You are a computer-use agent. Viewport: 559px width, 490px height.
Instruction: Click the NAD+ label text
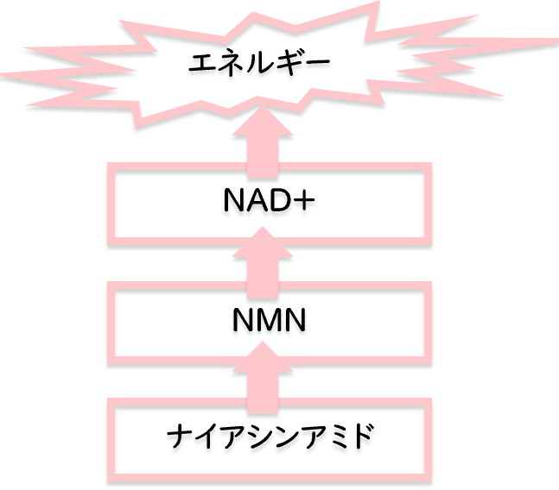(265, 206)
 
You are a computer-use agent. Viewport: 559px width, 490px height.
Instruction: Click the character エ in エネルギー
(200, 65)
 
